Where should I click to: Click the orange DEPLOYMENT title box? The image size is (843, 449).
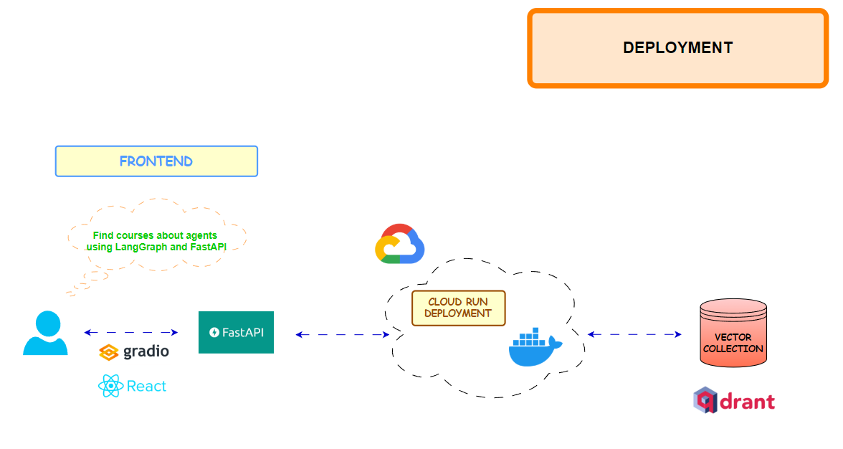[x=677, y=48]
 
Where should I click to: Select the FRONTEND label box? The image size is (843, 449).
[x=156, y=161]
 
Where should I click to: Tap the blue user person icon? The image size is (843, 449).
[x=45, y=334]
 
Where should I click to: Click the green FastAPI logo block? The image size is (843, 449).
[x=236, y=332]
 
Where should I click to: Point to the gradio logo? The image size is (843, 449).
[x=134, y=352]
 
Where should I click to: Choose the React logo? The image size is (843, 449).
[x=133, y=386]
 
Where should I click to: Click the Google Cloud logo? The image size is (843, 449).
[x=399, y=244]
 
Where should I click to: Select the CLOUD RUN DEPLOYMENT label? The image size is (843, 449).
[x=458, y=308]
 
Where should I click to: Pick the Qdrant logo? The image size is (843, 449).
[x=734, y=400]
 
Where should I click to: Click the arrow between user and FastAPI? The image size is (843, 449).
[x=130, y=332]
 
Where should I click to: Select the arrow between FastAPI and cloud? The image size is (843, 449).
[x=342, y=334]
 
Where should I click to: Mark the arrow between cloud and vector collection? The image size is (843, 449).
[x=634, y=334]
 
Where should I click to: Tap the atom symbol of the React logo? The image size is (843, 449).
[x=110, y=386]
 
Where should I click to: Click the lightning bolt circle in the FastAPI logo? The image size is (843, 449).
[x=214, y=332]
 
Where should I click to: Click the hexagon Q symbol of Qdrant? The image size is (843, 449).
[x=705, y=400]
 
